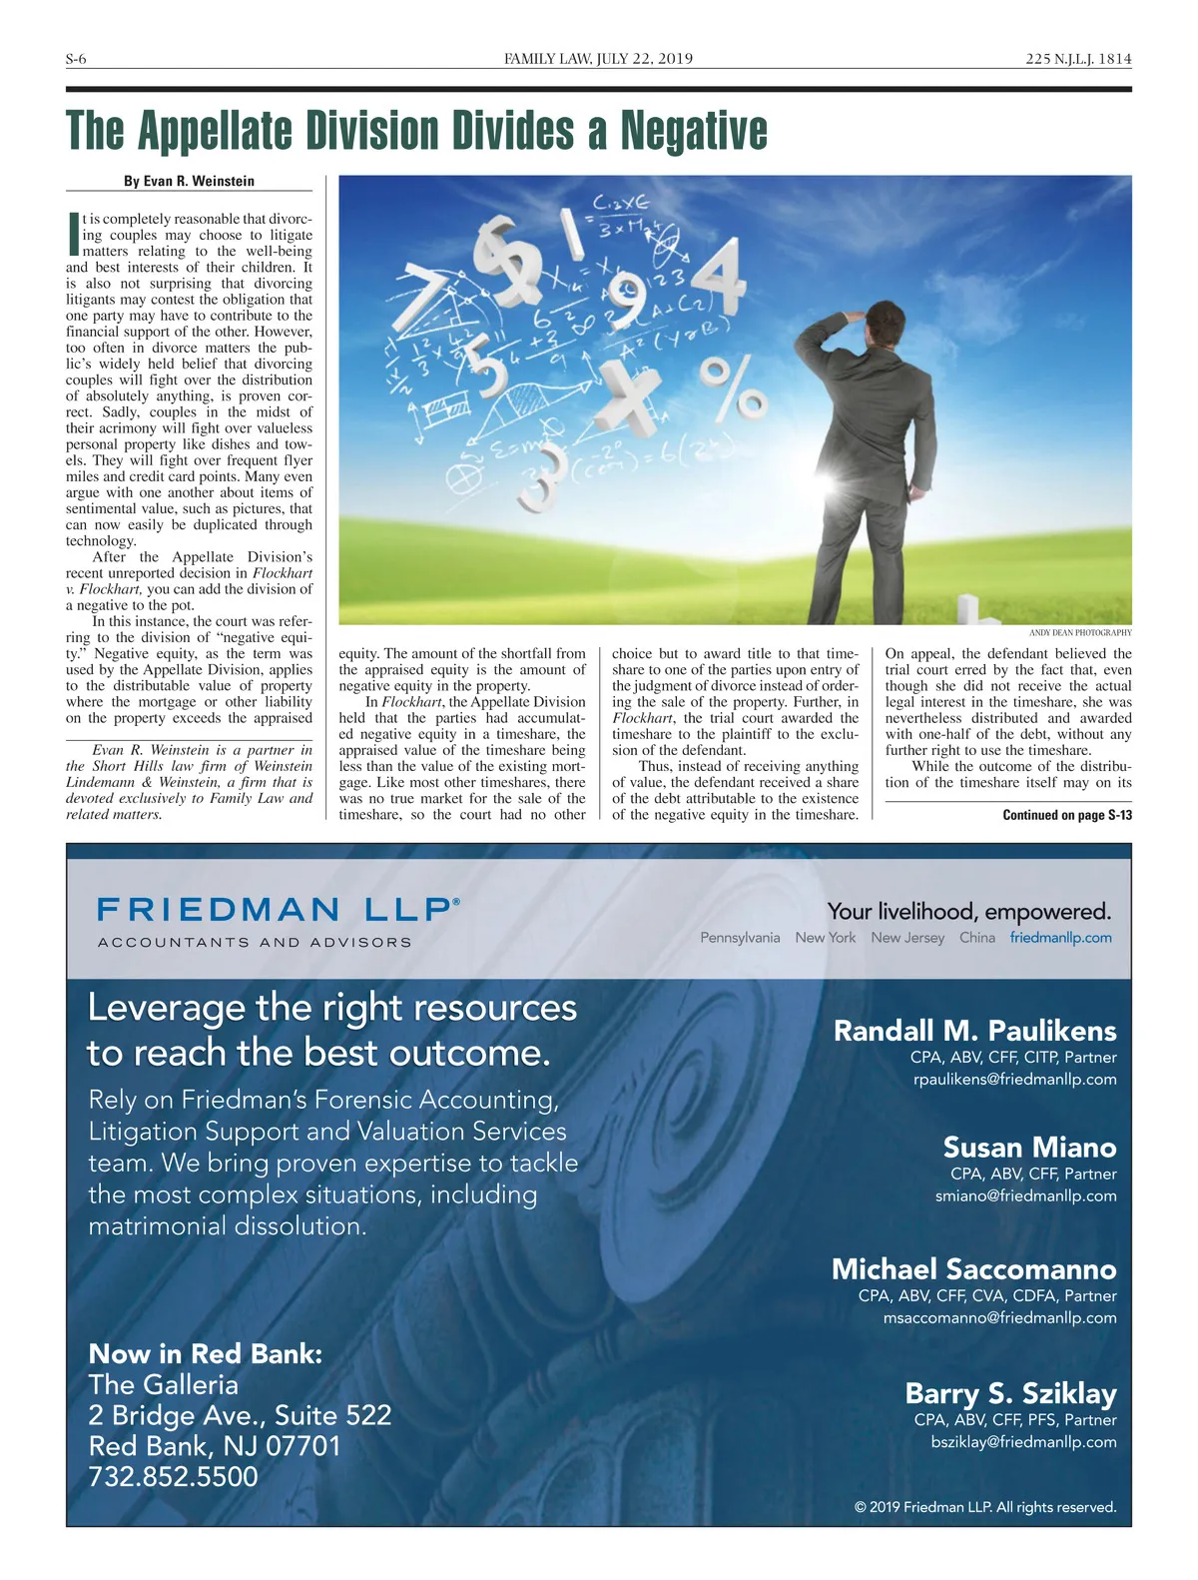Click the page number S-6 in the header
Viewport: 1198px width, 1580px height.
tap(76, 59)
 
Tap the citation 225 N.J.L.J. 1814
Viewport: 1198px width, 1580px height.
tap(1078, 59)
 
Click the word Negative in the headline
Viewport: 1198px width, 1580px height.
tap(694, 131)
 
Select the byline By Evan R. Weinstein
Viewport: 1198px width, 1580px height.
tap(189, 181)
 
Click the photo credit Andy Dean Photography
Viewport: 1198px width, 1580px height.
tap(1080, 632)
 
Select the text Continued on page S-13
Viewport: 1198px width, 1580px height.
tap(1067, 815)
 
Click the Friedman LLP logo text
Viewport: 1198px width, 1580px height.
tap(279, 910)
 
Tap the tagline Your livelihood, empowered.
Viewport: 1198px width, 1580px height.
tap(968, 911)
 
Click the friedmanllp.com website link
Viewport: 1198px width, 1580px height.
tap(1060, 938)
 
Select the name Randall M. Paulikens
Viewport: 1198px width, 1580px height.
tap(974, 1031)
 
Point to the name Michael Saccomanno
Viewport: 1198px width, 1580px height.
tap(973, 1269)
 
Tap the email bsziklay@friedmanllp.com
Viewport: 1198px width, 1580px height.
tap(1023, 1441)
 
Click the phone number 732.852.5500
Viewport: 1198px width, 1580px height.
tap(173, 1476)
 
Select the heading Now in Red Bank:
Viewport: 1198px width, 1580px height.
tap(206, 1354)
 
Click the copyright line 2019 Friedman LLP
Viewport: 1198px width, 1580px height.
tap(985, 1507)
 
